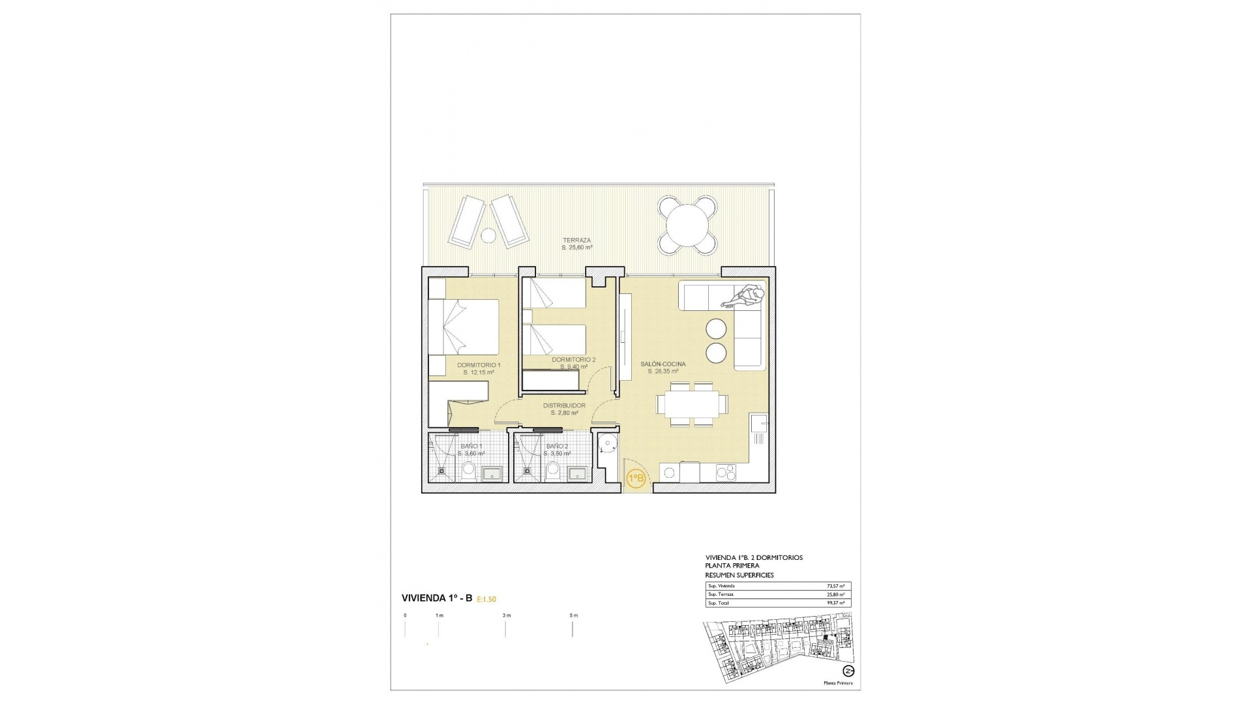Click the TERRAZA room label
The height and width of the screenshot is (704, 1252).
(x=577, y=241)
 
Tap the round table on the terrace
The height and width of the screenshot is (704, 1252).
(x=687, y=225)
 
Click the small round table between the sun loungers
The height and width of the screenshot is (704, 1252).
(x=488, y=235)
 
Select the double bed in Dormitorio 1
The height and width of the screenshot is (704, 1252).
(x=464, y=327)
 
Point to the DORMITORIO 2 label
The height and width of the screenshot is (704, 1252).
(x=573, y=360)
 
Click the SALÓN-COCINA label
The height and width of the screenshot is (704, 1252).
(x=663, y=364)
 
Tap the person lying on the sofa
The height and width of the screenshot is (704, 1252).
(x=743, y=297)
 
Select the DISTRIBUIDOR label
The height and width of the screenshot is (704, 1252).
(x=564, y=405)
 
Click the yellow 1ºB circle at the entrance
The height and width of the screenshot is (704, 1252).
(x=636, y=478)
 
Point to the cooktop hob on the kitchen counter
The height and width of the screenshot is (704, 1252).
(x=726, y=472)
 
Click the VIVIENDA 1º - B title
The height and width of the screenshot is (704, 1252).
(x=436, y=598)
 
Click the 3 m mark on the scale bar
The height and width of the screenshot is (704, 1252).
(x=506, y=616)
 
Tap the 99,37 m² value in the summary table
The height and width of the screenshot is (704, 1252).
(x=835, y=603)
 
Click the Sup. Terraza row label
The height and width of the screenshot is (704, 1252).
(x=721, y=594)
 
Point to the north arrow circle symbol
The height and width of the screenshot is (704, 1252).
(x=848, y=671)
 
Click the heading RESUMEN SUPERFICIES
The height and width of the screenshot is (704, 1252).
(x=739, y=576)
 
